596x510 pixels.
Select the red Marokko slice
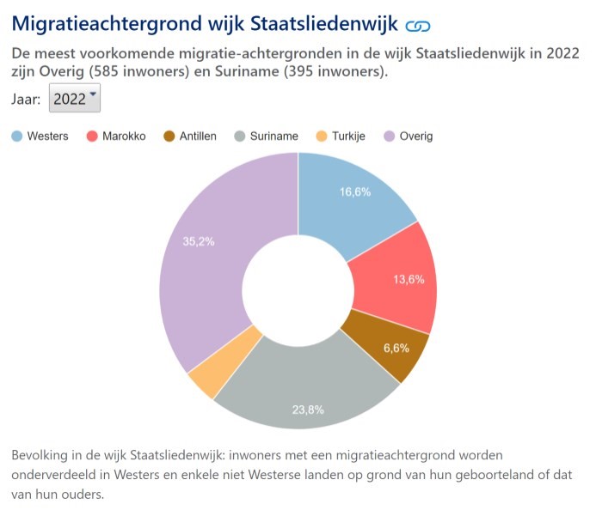coord(396,275)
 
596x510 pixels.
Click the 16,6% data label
coord(355,192)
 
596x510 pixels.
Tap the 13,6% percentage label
coord(409,279)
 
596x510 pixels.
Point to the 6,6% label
coord(396,348)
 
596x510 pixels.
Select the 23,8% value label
coord(308,410)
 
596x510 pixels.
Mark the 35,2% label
coord(199,241)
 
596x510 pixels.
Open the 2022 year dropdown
coord(75,98)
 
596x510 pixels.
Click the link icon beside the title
coord(418,26)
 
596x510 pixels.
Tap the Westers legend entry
coord(40,136)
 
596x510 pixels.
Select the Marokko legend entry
coord(117,136)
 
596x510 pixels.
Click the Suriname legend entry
coord(267,136)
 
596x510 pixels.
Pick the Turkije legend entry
coord(341,136)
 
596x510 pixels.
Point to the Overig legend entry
coord(409,136)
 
